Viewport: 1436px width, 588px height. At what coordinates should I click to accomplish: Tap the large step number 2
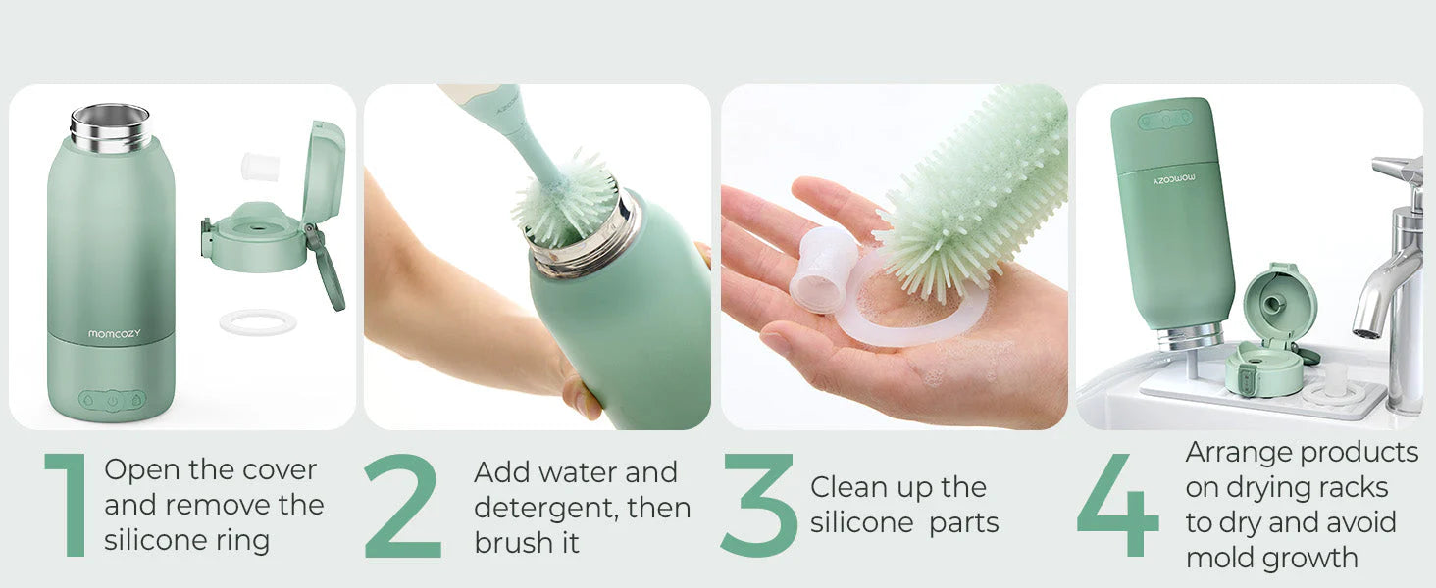(402, 506)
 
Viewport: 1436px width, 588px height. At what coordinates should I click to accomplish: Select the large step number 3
(759, 505)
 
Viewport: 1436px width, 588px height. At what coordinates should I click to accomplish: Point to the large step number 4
(1118, 505)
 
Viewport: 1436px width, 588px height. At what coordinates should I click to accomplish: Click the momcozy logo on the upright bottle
(114, 334)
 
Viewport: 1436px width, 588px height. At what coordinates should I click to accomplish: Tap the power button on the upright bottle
(113, 400)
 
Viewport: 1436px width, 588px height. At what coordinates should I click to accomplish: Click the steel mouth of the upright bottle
(110, 128)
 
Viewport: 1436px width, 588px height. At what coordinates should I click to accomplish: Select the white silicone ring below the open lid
(258, 322)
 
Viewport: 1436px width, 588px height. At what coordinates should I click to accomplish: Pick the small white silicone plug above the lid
(260, 167)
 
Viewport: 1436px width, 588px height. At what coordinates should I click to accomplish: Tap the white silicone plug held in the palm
(823, 269)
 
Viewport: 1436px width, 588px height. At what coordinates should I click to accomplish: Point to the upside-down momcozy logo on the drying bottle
(1174, 178)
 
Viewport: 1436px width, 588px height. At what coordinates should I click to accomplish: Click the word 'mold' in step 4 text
(1220, 558)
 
